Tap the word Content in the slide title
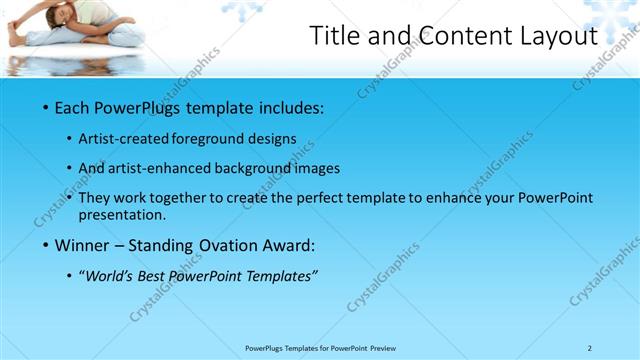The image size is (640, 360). pos(464,36)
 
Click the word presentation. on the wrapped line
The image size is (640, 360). pos(128,215)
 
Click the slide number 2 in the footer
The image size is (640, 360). pos(589,347)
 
